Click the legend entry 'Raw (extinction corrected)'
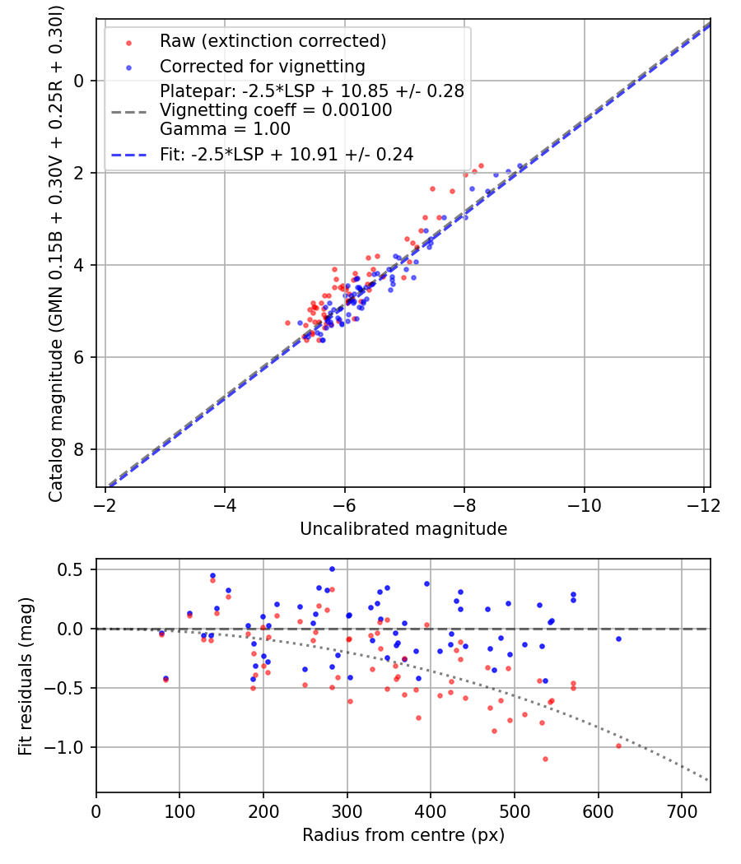click(x=273, y=41)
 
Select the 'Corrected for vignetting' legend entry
click(x=262, y=66)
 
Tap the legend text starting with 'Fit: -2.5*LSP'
click(x=287, y=154)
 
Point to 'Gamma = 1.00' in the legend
click(x=225, y=128)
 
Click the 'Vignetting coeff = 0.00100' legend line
click(x=276, y=110)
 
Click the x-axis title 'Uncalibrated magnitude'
click(x=403, y=528)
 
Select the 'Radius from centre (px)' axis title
click(x=403, y=835)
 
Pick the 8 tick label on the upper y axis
click(x=80, y=449)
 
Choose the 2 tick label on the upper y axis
click(x=80, y=173)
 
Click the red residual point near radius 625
click(x=618, y=746)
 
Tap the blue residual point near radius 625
click(x=618, y=639)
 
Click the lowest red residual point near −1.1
click(x=545, y=759)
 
